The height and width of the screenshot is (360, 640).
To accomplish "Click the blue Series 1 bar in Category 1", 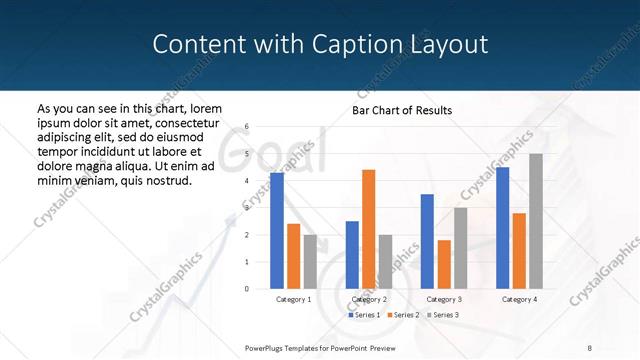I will tap(277, 231).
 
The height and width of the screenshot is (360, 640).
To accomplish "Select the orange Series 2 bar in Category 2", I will tap(368, 229).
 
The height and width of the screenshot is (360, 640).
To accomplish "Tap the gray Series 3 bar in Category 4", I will tap(535, 221).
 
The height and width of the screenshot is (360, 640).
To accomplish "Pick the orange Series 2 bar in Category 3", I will tap(444, 264).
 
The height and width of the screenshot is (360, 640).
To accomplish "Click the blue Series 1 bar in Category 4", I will tap(502, 228).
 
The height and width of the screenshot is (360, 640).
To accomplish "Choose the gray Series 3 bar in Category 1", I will tap(310, 262).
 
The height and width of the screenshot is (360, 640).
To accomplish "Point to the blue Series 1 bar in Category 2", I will tap(352, 255).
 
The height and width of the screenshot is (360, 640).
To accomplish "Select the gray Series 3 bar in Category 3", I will tap(460, 248).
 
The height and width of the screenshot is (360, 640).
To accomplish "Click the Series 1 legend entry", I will tap(364, 315).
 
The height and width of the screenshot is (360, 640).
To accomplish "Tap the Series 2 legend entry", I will tap(402, 315).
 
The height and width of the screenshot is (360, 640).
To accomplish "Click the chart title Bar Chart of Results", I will tap(401, 110).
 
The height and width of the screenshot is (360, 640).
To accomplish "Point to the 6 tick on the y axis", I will tap(247, 127).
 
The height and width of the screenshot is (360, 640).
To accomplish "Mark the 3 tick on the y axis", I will tap(247, 208).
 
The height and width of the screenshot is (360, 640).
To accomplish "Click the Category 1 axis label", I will tap(293, 299).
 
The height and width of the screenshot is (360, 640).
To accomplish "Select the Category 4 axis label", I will tap(518, 299).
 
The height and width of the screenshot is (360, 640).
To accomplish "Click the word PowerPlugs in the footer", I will tap(265, 347).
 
